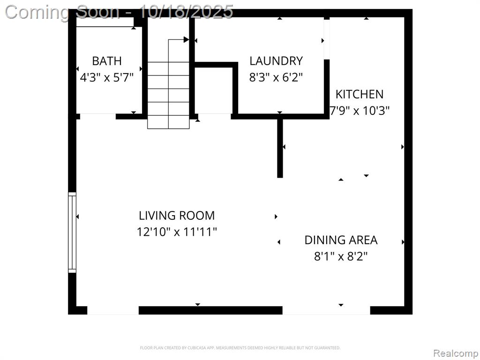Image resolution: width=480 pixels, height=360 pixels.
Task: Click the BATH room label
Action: pos(107,61)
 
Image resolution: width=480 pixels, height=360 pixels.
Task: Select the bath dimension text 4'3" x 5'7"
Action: pos(107,77)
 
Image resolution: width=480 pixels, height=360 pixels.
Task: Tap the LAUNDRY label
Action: pos(276,61)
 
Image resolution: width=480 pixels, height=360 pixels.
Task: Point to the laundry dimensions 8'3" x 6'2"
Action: pos(276,77)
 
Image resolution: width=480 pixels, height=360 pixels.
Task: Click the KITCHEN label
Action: pos(360,94)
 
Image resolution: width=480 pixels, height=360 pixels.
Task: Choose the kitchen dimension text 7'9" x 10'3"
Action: pos(360,110)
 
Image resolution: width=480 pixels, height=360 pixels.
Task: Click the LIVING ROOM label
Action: pos(177,216)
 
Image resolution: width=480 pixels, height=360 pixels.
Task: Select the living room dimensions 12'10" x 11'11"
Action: pos(177,232)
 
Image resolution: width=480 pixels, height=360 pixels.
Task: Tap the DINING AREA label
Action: pos(341,240)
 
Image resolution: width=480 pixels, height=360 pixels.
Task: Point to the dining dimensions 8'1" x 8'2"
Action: pos(341,256)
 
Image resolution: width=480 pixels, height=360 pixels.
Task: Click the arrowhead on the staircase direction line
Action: pos(186,39)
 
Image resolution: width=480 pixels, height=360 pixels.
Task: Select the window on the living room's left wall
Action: pos(72,232)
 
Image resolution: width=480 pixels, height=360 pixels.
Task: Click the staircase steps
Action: pos(168,95)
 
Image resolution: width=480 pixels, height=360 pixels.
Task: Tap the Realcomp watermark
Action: pos(455,353)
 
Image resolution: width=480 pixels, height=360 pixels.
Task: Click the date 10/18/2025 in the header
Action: pos(186,12)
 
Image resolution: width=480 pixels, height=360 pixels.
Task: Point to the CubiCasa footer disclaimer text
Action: pos(240,348)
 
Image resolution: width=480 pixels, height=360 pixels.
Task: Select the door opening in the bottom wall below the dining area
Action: pos(326,310)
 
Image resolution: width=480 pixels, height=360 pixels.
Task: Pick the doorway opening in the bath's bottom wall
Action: pos(98,116)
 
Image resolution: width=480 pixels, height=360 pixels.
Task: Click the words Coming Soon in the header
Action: pos(62,12)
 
